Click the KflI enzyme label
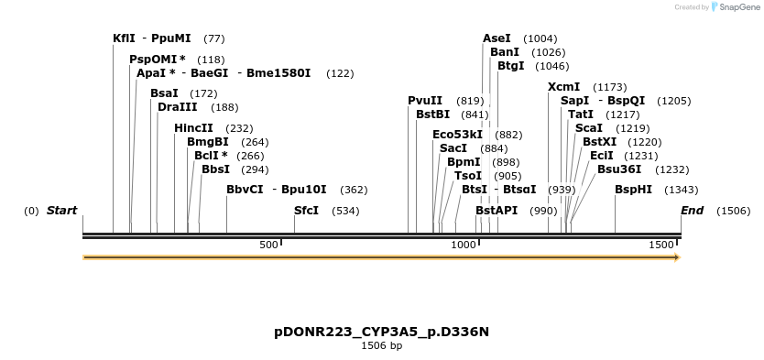124,38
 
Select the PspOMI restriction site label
153,60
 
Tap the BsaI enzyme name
164,93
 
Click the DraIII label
177,107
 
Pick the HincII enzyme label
193,128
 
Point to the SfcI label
307,211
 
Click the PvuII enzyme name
425,101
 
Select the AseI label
497,38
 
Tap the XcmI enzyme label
563,87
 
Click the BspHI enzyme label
633,190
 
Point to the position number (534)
345,211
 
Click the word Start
61,211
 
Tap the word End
692,211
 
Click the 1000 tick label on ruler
464,245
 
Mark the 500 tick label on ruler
268,245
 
